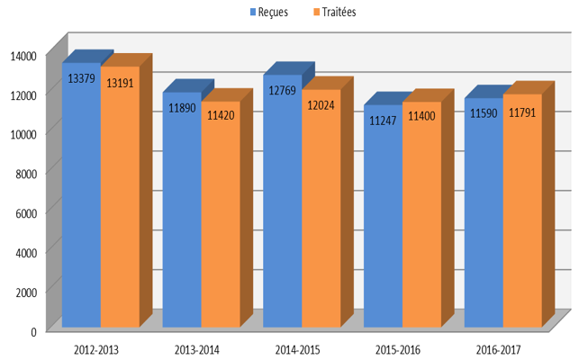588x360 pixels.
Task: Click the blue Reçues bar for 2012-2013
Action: (x=81, y=195)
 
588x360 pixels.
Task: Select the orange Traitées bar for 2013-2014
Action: (x=221, y=214)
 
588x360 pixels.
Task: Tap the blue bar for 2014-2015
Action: (x=283, y=201)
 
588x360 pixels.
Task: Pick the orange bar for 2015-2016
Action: (x=422, y=214)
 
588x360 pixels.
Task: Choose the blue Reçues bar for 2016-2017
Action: (x=484, y=212)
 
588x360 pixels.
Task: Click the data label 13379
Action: (x=81, y=78)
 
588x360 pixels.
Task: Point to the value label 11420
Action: (x=221, y=115)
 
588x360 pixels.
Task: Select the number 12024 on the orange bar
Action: (x=321, y=105)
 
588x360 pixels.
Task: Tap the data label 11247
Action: (x=383, y=121)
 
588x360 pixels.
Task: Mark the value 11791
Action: (x=522, y=112)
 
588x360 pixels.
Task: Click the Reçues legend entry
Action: (x=269, y=12)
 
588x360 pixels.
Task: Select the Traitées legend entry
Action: (x=334, y=12)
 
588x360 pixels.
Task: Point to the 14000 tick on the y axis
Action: (x=23, y=56)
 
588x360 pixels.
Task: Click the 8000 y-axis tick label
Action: (x=26, y=174)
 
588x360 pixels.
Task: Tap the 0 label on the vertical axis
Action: (x=33, y=332)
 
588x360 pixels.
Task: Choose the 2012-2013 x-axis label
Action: (x=96, y=350)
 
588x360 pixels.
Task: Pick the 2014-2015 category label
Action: (x=297, y=350)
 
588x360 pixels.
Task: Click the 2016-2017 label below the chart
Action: (x=498, y=350)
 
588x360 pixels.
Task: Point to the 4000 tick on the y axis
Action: (x=26, y=253)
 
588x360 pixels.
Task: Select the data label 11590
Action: (x=484, y=112)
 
